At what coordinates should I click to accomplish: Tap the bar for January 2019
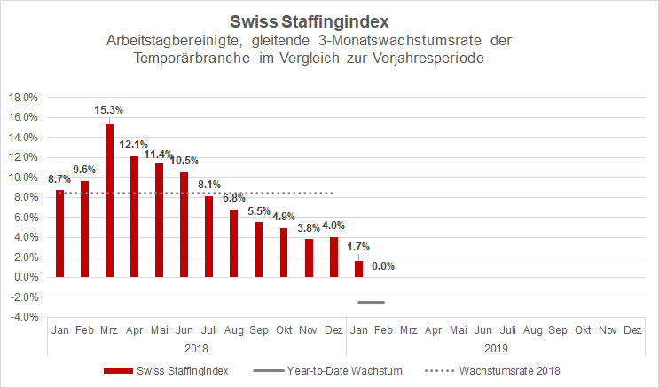click(x=359, y=268)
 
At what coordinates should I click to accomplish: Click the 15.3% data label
click(x=109, y=110)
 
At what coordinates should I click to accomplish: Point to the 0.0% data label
click(x=383, y=265)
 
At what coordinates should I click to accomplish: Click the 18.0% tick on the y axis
click(x=23, y=98)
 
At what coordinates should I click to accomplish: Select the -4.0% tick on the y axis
click(x=23, y=317)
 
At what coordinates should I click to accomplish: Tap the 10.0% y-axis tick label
click(x=23, y=178)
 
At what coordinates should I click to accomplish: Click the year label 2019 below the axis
click(x=495, y=349)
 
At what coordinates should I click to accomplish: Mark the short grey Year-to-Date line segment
click(x=371, y=303)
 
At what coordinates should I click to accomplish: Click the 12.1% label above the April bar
click(x=134, y=145)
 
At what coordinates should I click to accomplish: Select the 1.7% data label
click(x=359, y=246)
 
